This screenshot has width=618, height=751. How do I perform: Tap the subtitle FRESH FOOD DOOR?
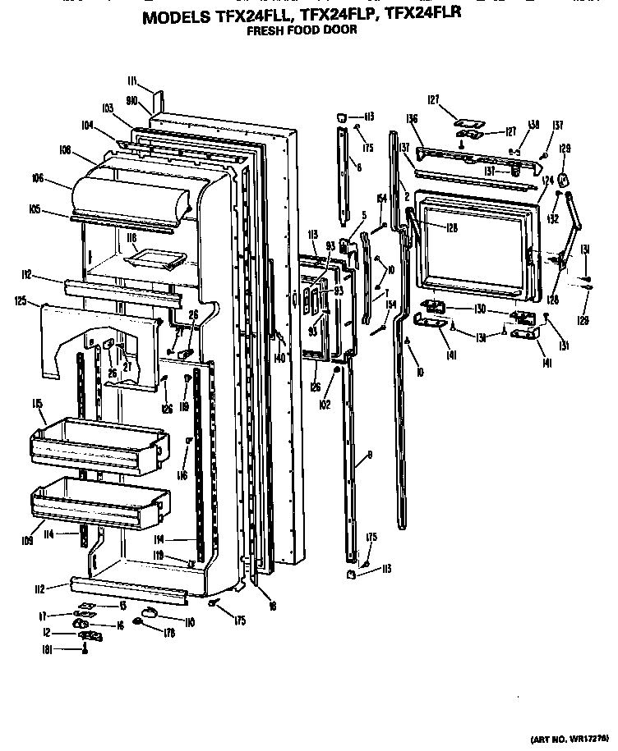pyautogui.click(x=302, y=30)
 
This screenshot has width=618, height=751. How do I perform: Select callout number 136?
pyautogui.click(x=412, y=119)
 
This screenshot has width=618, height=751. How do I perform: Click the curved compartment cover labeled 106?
pyautogui.click(x=131, y=197)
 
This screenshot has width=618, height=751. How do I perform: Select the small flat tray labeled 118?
pyautogui.click(x=150, y=259)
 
